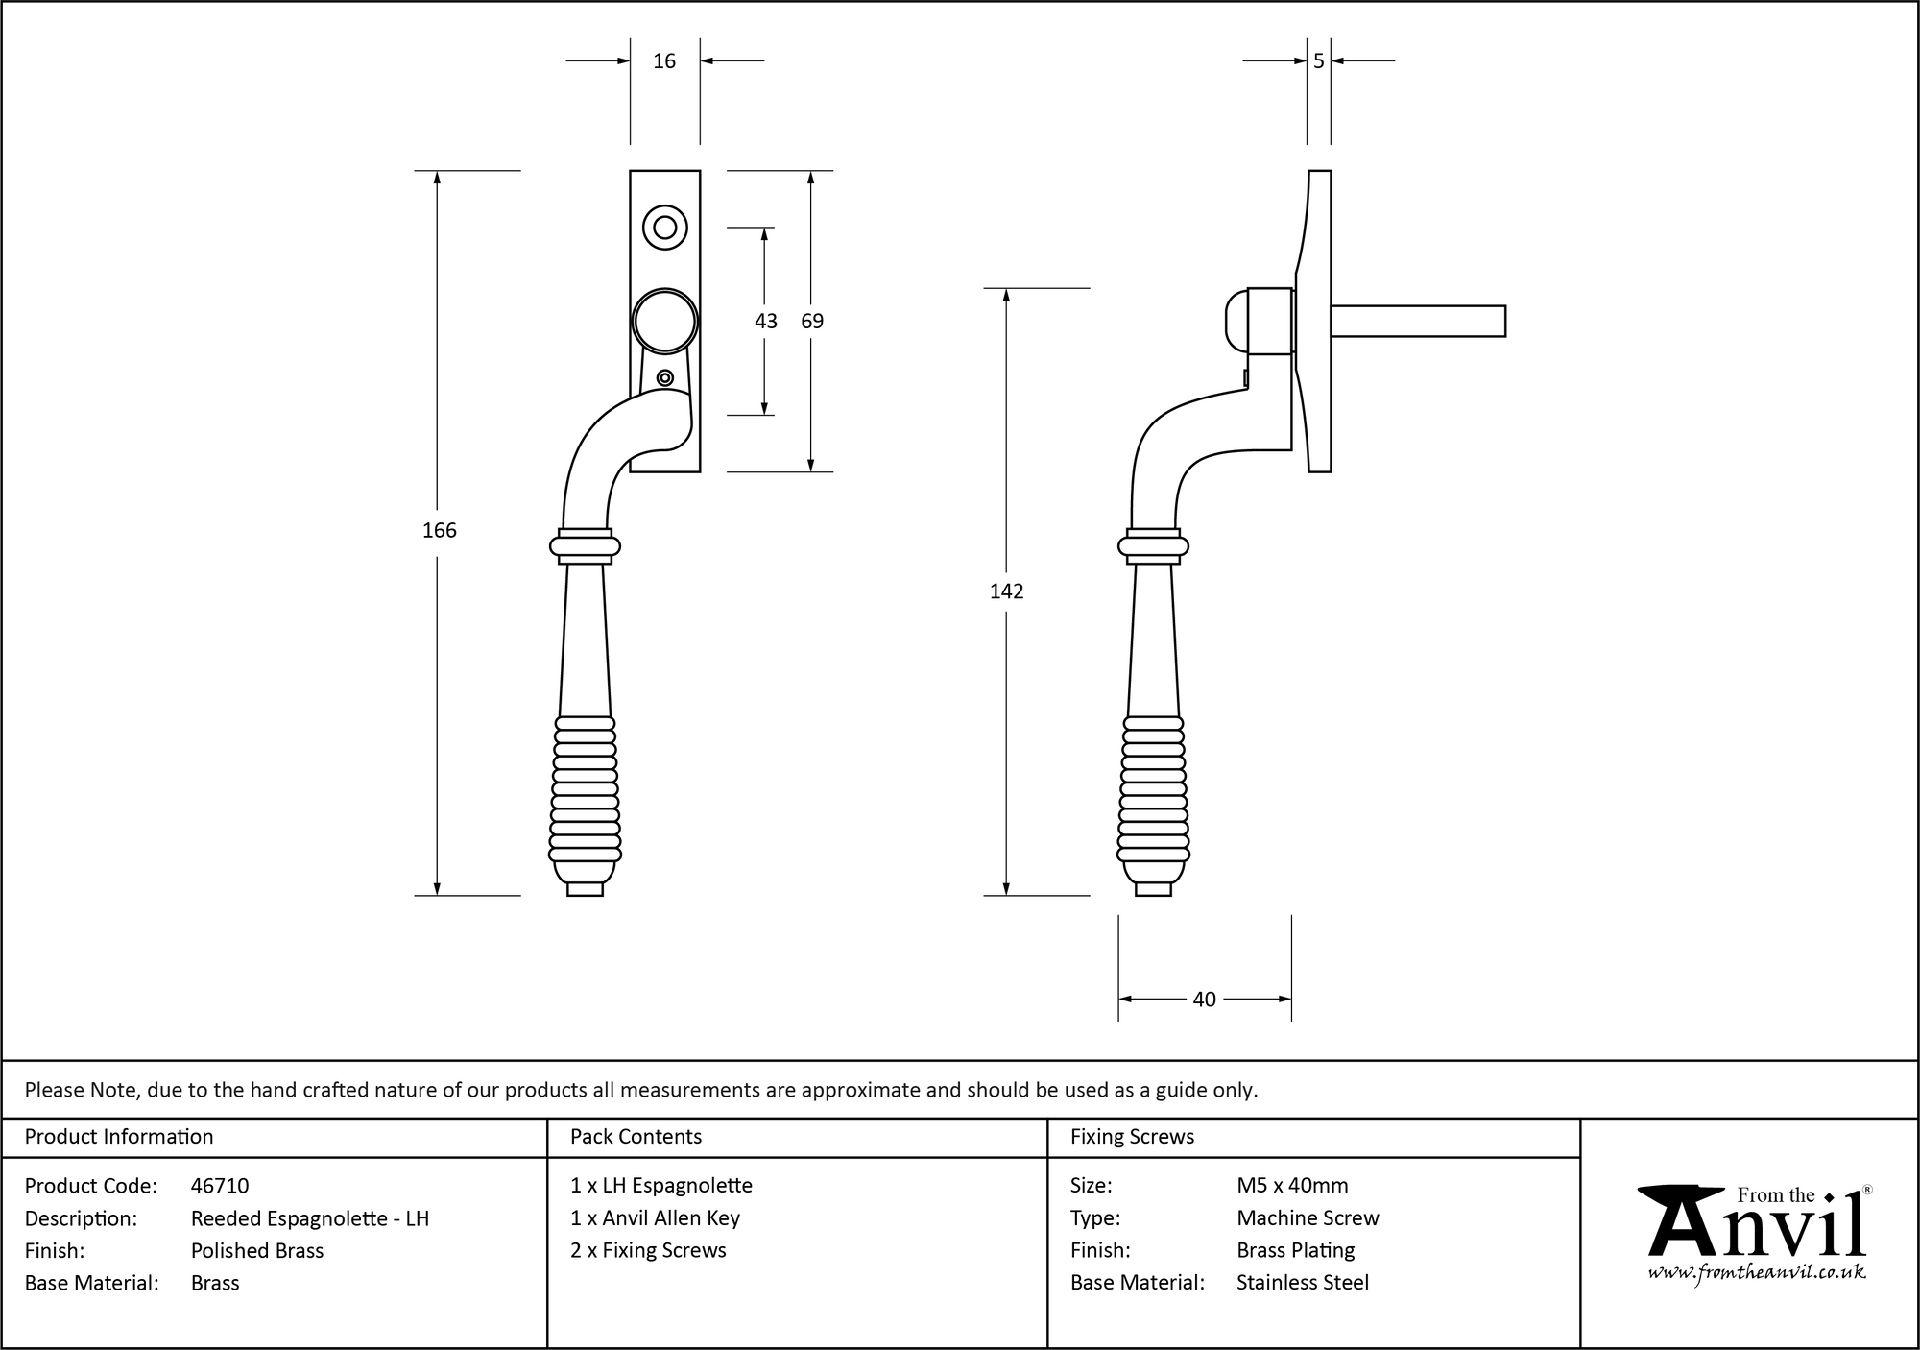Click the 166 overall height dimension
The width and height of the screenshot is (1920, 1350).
[439, 530]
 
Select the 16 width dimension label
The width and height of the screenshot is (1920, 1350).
[664, 61]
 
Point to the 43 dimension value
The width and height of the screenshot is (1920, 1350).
[765, 322]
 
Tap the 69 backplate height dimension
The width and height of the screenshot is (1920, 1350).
[812, 322]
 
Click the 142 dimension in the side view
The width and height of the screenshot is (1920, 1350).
[1006, 591]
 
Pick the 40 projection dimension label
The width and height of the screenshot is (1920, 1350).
[1204, 1000]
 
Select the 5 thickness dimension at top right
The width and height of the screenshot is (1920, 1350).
[1318, 61]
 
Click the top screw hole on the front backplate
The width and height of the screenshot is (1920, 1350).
[664, 228]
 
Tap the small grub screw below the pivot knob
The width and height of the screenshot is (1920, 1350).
[664, 378]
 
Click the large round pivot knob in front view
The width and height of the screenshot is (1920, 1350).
[664, 321]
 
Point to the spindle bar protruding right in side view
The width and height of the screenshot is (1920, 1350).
[1417, 321]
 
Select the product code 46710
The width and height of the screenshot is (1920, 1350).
[220, 1186]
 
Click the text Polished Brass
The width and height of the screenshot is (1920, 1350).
[257, 1250]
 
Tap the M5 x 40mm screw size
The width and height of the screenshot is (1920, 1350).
[1292, 1186]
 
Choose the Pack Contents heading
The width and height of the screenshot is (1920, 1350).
[636, 1137]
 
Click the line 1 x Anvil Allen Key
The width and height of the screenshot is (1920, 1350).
[655, 1218]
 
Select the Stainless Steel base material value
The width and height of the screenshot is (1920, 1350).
[1303, 1283]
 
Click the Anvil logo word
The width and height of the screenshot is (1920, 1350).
[1757, 1229]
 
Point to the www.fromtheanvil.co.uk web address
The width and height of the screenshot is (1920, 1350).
[1757, 1272]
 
